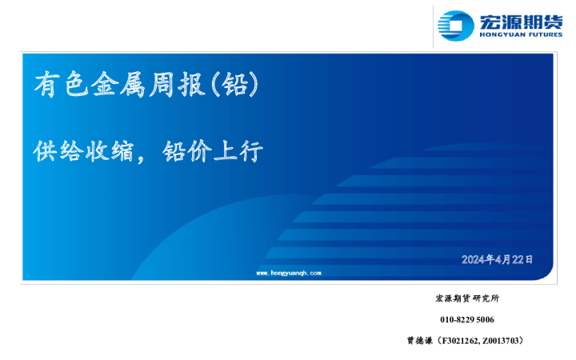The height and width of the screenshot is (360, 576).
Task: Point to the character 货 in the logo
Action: point(552,21)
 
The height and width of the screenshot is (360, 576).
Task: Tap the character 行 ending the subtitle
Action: point(250,151)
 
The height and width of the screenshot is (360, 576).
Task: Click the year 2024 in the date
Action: point(473,259)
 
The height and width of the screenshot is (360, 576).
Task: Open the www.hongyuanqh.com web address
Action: point(288,273)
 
